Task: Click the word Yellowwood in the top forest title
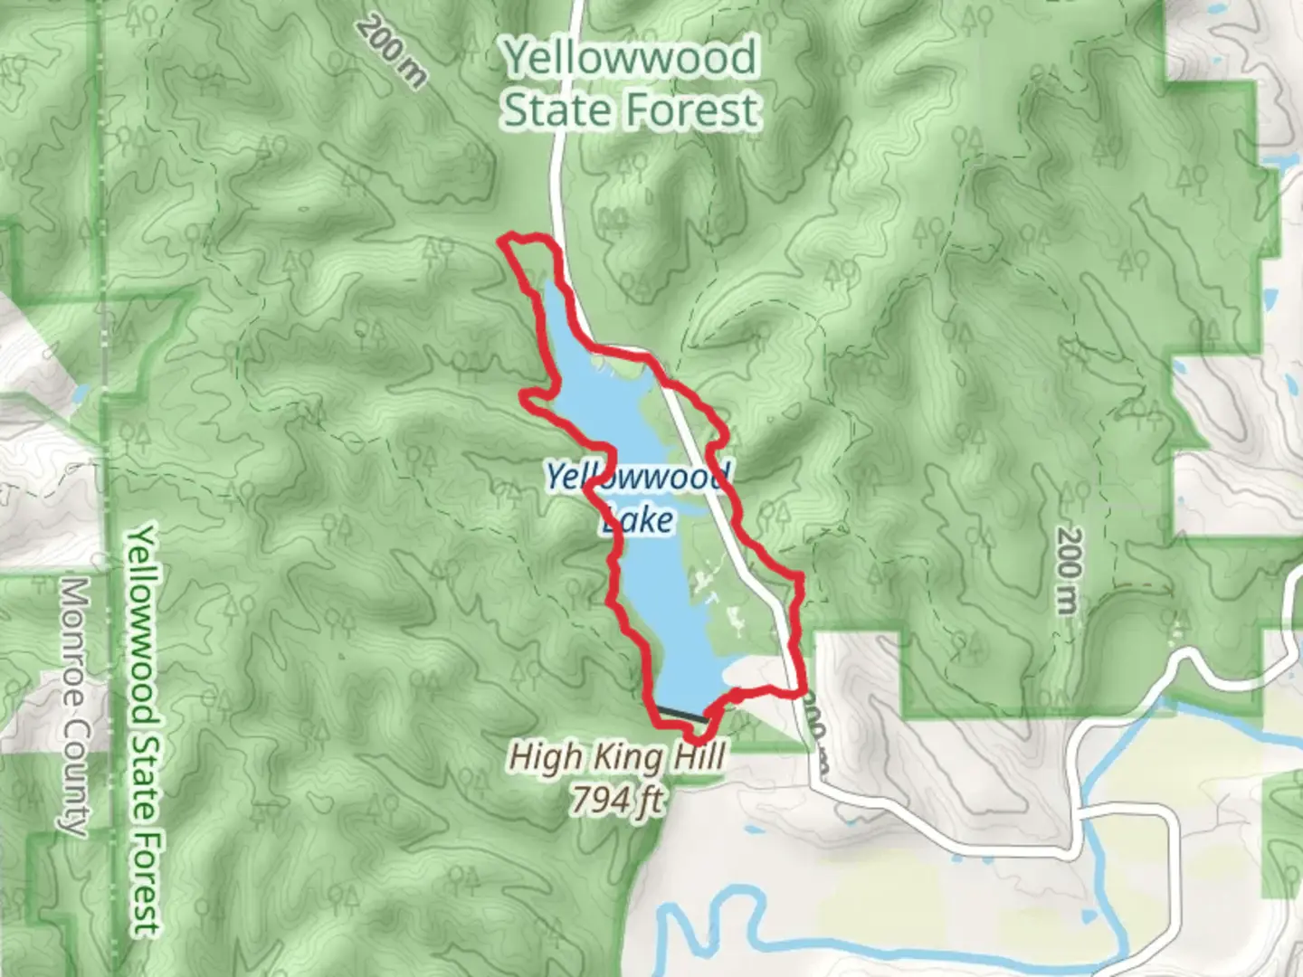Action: pyautogui.click(x=631, y=58)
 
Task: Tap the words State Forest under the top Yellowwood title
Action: pyautogui.click(x=631, y=110)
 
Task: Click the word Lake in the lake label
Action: pyautogui.click(x=638, y=519)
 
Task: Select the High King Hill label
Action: pyautogui.click(x=617, y=756)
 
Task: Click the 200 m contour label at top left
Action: pyautogui.click(x=391, y=52)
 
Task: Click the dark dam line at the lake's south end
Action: pyautogui.click(x=680, y=713)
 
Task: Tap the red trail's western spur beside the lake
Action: pyautogui.click(x=528, y=395)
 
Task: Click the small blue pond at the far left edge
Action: pyautogui.click(x=80, y=394)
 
